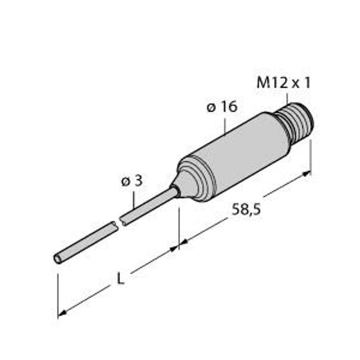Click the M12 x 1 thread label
(x=283, y=83)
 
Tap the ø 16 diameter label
(x=221, y=107)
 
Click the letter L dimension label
(x=121, y=280)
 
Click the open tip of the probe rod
(x=58, y=259)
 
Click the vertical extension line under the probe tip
(x=58, y=294)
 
